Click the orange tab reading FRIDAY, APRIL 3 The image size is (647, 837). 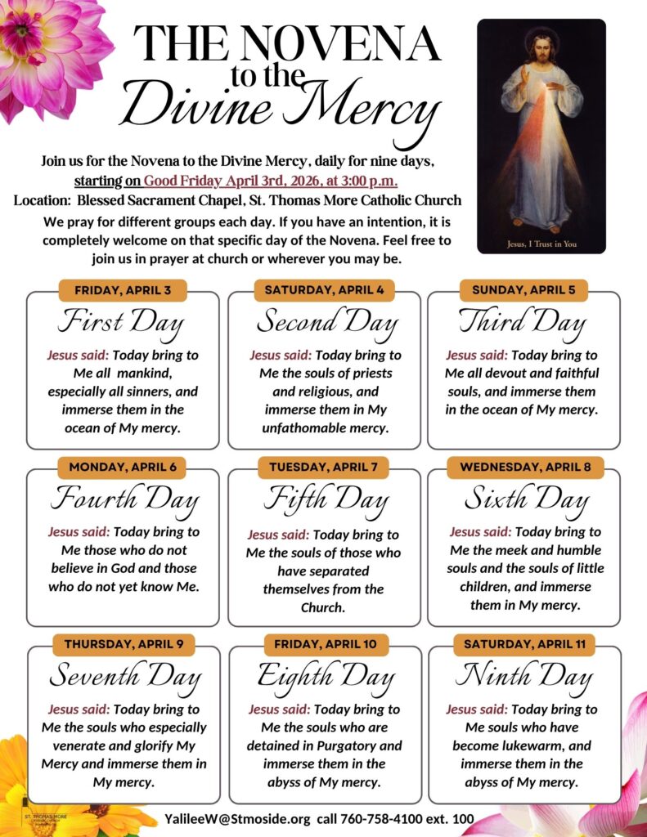[123, 290]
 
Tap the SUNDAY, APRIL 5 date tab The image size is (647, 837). [523, 290]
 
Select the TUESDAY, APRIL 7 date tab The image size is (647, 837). [323, 468]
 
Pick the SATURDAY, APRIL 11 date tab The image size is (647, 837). [524, 644]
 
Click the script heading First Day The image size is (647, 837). [121, 323]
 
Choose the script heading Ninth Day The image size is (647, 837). [523, 677]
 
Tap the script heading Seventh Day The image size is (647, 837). [124, 677]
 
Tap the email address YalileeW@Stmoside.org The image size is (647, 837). [237, 818]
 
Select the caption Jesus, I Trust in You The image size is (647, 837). [541, 243]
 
